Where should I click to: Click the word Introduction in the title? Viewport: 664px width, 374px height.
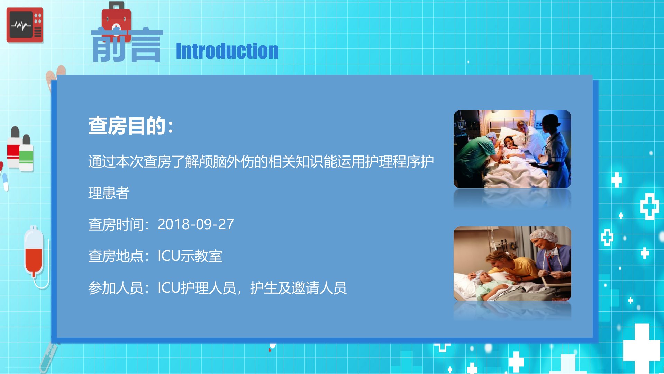point(227,51)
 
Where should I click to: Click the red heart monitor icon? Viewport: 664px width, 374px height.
point(25,25)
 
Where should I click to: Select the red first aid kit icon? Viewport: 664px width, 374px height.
point(116,19)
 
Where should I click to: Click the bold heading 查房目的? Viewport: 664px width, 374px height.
point(130,126)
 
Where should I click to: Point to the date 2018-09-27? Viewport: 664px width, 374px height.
point(196,224)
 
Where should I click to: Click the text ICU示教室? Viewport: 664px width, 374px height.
point(190,256)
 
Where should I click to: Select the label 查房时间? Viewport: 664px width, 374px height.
point(116,224)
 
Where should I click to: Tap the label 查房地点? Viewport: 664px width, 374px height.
point(116,256)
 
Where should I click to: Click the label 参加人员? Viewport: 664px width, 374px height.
point(116,288)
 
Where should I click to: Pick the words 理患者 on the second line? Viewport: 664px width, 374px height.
point(109,193)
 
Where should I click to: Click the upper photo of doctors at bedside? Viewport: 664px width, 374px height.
point(512,149)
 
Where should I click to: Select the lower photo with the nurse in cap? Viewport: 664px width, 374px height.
point(512,264)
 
